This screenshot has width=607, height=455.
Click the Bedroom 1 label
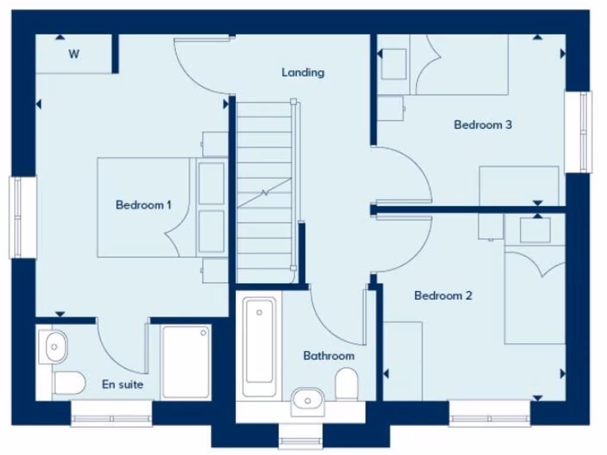[x=143, y=205]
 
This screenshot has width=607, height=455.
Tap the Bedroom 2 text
[x=443, y=295]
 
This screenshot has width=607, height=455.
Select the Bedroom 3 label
[x=483, y=125]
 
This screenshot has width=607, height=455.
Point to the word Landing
[x=303, y=72]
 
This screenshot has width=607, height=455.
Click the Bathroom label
[x=328, y=355]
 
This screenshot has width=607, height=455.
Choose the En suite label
[x=123, y=384]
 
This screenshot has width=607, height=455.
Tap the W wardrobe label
[x=74, y=55]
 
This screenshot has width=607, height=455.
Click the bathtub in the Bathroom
[x=259, y=347]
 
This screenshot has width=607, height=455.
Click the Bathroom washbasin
[x=308, y=400]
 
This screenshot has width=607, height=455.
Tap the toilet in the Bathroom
[x=346, y=384]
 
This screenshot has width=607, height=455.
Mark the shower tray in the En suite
[x=186, y=361]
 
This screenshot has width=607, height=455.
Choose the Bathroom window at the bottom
[x=301, y=441]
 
